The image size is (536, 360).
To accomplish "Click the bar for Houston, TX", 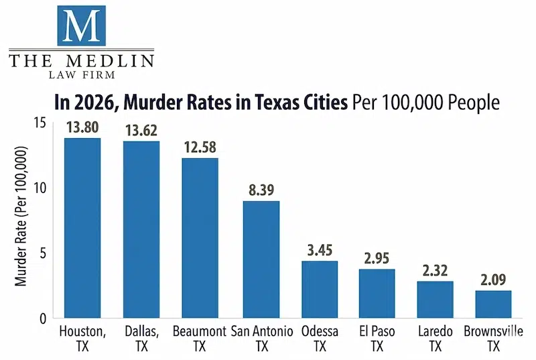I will tap(82, 228).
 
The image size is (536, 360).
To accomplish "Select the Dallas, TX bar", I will tap(141, 229).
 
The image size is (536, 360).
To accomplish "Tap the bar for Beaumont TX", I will tap(200, 238).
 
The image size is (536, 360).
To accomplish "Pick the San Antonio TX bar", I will tap(261, 259).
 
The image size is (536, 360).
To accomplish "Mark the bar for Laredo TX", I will tap(435, 300).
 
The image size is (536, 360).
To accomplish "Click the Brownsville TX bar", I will tap(493, 304).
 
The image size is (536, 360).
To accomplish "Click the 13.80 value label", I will tap(82, 127).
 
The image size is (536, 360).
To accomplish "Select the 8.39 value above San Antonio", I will tap(261, 190).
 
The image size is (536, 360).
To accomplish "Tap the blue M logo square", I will tap(81, 25).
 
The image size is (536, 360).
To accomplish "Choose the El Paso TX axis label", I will tap(377, 339).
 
